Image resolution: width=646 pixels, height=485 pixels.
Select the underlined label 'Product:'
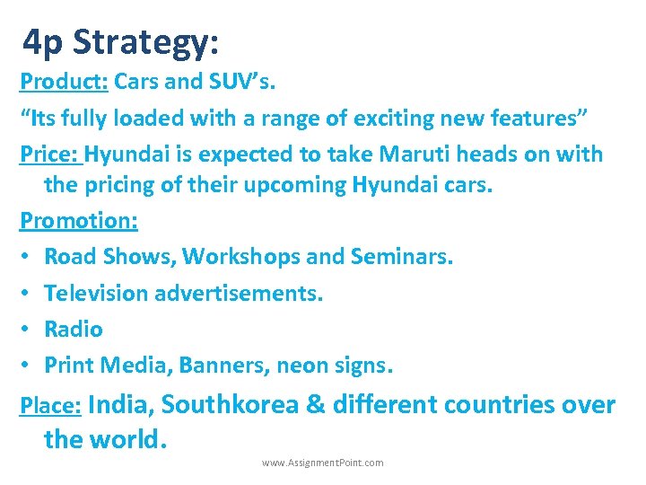click(x=64, y=82)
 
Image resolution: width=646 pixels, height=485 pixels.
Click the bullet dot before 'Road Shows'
click(x=26, y=258)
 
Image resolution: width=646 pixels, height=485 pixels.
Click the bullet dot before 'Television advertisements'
click(x=26, y=294)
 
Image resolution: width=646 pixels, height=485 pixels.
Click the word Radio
click(x=74, y=329)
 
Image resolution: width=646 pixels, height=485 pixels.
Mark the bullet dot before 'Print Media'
click(x=26, y=366)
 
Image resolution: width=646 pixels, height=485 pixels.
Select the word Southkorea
click(x=231, y=405)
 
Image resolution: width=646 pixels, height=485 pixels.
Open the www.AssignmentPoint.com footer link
click(x=322, y=463)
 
